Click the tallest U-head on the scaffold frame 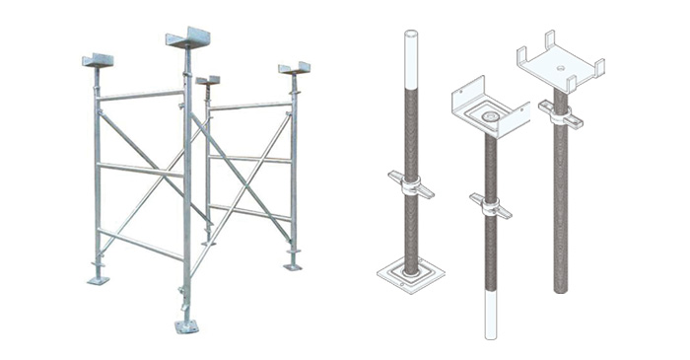(x=189, y=38)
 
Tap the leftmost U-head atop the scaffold (x=98, y=60)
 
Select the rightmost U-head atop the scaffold (x=294, y=68)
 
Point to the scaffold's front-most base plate (x=185, y=325)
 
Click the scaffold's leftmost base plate (x=98, y=281)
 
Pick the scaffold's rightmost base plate (x=293, y=265)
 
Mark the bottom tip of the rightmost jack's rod (x=560, y=288)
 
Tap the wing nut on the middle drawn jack (x=489, y=206)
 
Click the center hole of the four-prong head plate (x=560, y=68)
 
